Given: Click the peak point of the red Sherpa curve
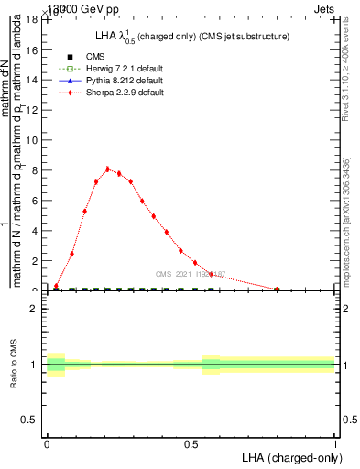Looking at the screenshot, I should (107, 169).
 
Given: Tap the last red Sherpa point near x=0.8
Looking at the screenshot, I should (277, 289).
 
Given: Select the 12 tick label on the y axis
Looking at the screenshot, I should (32, 110).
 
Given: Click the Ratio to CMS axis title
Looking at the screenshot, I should (14, 364).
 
